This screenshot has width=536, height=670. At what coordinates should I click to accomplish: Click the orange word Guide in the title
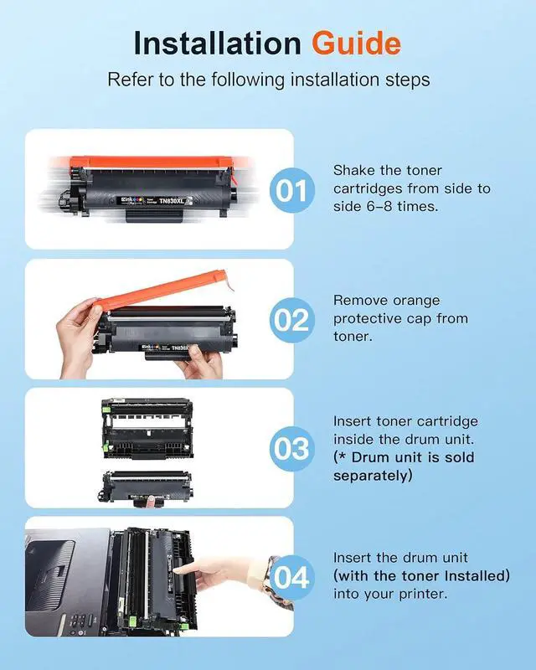click(x=356, y=44)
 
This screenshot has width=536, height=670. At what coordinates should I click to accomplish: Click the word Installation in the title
click(x=218, y=44)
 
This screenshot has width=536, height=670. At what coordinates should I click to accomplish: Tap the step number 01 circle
click(x=292, y=190)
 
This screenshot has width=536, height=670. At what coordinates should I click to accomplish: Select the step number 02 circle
click(x=292, y=320)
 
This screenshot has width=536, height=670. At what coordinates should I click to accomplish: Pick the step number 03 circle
click(x=292, y=449)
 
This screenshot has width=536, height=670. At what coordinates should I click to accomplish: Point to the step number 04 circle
click(x=292, y=578)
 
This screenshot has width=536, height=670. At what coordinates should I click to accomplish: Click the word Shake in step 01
click(x=354, y=171)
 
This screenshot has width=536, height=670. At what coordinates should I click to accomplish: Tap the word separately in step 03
click(x=373, y=476)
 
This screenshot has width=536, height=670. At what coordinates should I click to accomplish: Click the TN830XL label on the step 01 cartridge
click(x=173, y=200)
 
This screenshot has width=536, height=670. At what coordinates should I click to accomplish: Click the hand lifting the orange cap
click(x=78, y=336)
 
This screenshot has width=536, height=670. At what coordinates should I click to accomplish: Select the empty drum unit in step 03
click(x=147, y=429)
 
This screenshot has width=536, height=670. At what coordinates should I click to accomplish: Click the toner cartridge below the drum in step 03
click(x=145, y=487)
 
